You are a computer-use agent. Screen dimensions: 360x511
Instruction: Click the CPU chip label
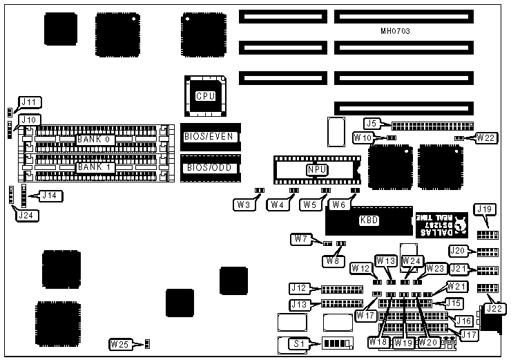click(x=205, y=96)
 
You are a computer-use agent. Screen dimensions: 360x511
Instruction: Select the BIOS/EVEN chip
click(x=211, y=137)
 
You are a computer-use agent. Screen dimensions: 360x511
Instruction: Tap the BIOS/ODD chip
click(x=211, y=168)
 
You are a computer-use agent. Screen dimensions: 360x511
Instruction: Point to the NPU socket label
click(x=316, y=169)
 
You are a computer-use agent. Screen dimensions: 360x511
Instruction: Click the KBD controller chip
click(x=369, y=222)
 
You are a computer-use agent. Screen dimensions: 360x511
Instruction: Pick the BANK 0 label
click(x=94, y=140)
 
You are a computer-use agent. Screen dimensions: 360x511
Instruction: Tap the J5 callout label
click(x=372, y=123)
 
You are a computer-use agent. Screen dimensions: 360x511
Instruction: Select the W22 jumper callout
click(x=486, y=138)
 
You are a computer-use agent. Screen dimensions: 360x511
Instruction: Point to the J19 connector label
click(x=484, y=209)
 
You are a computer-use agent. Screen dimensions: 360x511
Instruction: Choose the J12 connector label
click(x=298, y=287)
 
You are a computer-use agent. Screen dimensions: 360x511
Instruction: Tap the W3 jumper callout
click(x=243, y=204)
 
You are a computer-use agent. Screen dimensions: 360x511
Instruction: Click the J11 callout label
click(x=29, y=102)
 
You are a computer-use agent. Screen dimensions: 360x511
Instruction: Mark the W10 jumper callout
click(x=363, y=138)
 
